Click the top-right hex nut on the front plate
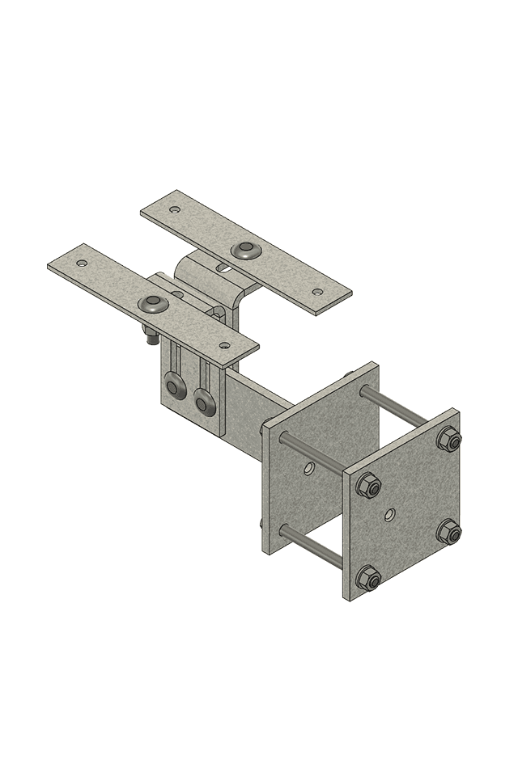click(448, 439)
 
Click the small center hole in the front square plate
click(391, 512)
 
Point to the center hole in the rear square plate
click(309, 467)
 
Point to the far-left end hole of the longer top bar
click(174, 209)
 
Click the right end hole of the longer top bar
click(317, 292)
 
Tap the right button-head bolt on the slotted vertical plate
click(205, 399)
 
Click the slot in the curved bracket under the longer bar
click(219, 266)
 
